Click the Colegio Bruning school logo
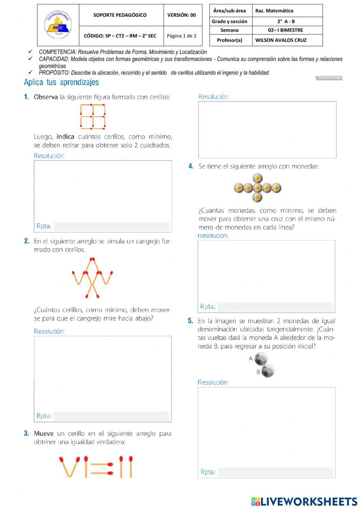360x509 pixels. point(58,25)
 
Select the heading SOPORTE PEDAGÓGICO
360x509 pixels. point(120,15)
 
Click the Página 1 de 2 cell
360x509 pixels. point(181,36)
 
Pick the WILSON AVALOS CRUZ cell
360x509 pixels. point(281,40)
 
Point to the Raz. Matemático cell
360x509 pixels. point(274,11)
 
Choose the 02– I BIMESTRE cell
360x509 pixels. point(285,30)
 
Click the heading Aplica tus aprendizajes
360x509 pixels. point(61,82)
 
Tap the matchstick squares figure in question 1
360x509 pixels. point(93,116)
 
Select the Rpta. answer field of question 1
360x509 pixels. point(111,226)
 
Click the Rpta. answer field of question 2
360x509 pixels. point(111,416)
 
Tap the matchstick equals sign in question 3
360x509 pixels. point(102,468)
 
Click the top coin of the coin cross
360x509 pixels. point(257,178)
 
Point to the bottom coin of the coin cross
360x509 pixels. point(257,197)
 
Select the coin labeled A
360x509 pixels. point(261,359)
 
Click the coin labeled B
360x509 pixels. point(267,371)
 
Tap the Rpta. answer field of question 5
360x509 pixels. point(275,472)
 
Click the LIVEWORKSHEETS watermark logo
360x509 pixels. point(304,501)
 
